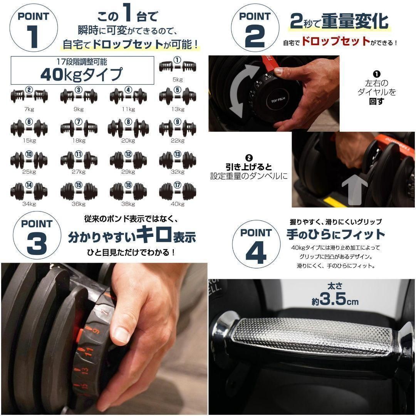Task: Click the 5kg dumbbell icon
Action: click(177, 66)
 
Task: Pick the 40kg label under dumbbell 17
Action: click(178, 204)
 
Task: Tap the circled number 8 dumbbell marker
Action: click(128, 122)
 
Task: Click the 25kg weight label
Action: click(29, 172)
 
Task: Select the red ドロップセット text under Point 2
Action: click(335, 42)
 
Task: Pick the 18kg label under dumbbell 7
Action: click(79, 141)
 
